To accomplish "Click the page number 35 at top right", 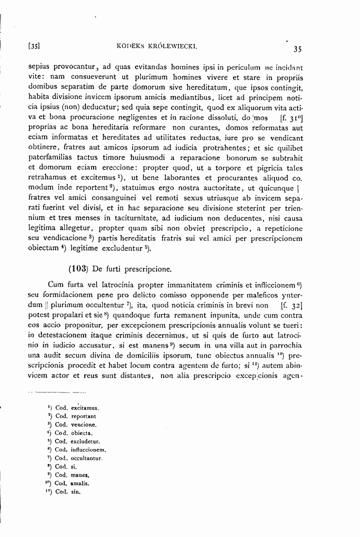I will [296, 49].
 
